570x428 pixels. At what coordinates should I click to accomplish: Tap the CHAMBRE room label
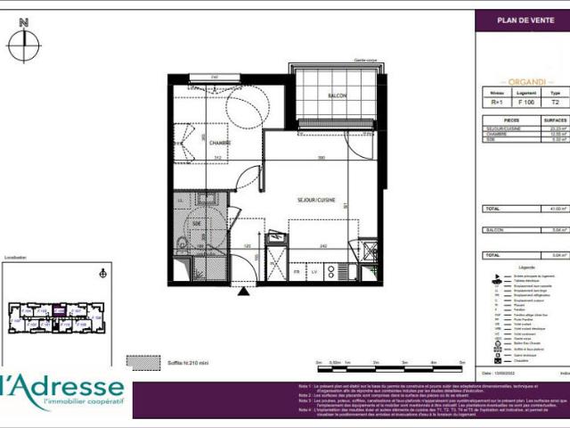click(220, 143)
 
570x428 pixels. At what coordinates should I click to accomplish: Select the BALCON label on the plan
click(337, 96)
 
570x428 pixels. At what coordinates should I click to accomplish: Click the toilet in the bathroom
click(182, 243)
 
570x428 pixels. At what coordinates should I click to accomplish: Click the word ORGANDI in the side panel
click(521, 79)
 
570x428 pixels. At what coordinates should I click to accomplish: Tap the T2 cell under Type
click(555, 102)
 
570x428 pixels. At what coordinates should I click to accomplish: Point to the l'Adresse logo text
click(64, 388)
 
